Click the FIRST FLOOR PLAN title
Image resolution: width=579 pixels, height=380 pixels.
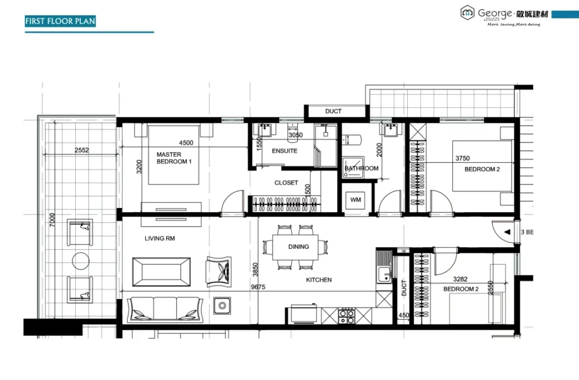pyautogui.click(x=61, y=21)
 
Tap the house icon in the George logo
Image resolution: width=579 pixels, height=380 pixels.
pyautogui.click(x=467, y=11)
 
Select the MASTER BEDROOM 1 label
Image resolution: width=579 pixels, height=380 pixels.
pyautogui.click(x=174, y=158)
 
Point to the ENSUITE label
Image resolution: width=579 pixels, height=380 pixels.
pyautogui.click(x=284, y=151)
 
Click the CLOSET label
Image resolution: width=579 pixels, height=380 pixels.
pyautogui.click(x=286, y=183)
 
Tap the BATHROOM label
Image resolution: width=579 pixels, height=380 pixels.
pyautogui.click(x=362, y=169)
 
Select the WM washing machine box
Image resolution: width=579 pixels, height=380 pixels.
pyautogui.click(x=356, y=200)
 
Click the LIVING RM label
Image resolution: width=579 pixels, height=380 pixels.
pyautogui.click(x=160, y=239)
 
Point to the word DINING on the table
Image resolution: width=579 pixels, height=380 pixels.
pyautogui.click(x=299, y=247)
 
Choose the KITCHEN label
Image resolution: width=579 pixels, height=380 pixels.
pyautogui.click(x=319, y=280)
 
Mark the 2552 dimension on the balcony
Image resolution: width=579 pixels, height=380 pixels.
pyautogui.click(x=82, y=150)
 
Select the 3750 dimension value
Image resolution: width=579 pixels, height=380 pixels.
pyautogui.click(x=463, y=159)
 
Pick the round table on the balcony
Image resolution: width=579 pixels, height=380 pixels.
pyautogui.click(x=80, y=261)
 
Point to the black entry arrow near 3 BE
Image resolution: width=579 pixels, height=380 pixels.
pyautogui.click(x=507, y=232)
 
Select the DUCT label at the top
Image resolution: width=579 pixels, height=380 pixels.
pyautogui.click(x=333, y=111)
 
